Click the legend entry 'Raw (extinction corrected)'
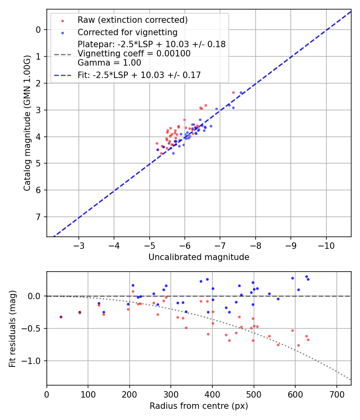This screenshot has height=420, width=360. coord(132,20)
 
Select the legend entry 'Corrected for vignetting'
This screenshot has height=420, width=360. coord(128,32)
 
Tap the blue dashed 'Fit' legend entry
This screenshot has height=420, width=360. coord(139,75)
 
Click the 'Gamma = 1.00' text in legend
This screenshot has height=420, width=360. coord(109,63)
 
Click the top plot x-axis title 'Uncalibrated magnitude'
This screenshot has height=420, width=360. coord(199,257)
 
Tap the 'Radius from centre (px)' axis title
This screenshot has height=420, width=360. coord(199,406)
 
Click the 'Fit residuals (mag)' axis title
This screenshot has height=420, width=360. coord(12,329)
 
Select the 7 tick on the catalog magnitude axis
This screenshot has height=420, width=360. coord(38,217)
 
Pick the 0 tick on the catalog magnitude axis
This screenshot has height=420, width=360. coord(38,30)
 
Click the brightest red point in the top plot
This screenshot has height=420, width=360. coord(233,92)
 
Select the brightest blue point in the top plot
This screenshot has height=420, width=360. coord(241,93)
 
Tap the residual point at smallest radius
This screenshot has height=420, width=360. coord(61,317)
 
